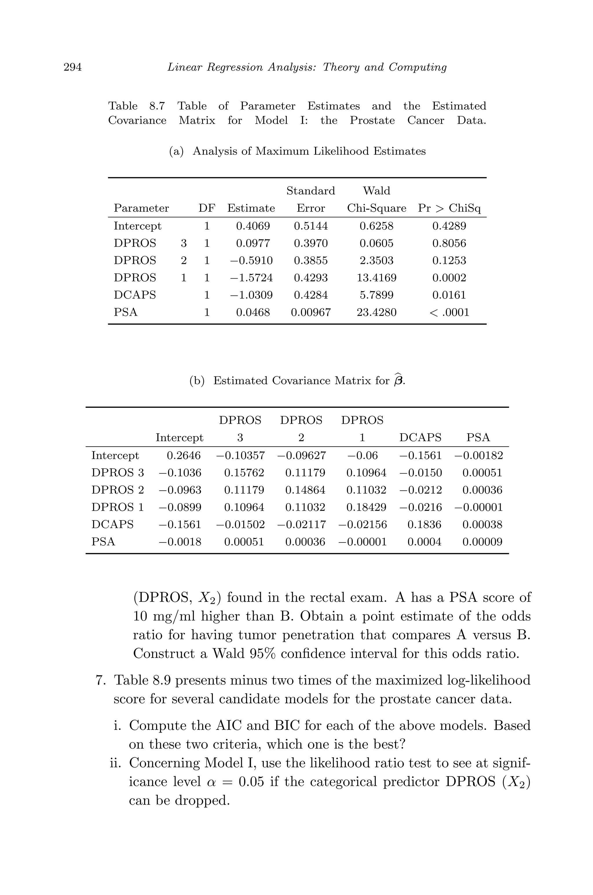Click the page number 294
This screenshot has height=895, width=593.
click(x=73, y=67)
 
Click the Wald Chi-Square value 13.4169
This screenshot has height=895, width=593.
click(x=376, y=278)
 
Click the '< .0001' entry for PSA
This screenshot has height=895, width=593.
click(x=449, y=313)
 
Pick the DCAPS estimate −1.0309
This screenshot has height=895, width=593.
click(x=251, y=295)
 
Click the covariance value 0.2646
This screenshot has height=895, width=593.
click(x=184, y=455)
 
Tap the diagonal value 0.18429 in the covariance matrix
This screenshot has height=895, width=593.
click(x=366, y=507)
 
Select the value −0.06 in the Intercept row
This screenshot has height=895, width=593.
click(x=363, y=455)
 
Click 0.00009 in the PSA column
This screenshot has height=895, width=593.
click(x=482, y=542)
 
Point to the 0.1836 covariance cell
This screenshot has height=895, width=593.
click(x=424, y=525)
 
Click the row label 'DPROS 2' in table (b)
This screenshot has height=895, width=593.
click(x=118, y=490)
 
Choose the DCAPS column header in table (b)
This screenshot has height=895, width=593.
click(x=420, y=438)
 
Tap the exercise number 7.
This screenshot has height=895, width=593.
click(x=100, y=680)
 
